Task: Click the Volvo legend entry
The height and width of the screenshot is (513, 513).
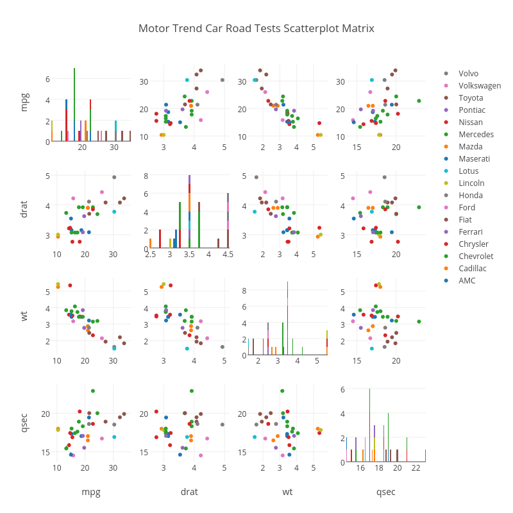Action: tap(468, 74)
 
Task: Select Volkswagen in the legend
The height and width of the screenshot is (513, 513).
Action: tap(480, 86)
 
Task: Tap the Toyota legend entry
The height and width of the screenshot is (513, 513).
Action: tap(471, 98)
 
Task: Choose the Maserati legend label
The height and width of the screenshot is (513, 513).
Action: tap(474, 159)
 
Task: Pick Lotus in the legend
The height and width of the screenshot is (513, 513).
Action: tap(468, 171)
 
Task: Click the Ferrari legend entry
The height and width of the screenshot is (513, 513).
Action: tap(471, 232)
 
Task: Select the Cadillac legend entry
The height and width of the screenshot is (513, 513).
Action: tap(473, 269)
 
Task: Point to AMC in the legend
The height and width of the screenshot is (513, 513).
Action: tap(467, 281)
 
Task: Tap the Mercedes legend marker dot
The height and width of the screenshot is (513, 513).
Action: tap(446, 135)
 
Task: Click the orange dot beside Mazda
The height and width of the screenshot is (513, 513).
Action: tap(446, 147)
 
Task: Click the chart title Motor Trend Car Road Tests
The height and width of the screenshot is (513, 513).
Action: tap(256, 29)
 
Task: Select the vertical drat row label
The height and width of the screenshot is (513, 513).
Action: tap(24, 209)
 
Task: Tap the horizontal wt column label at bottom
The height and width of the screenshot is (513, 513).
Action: tap(287, 492)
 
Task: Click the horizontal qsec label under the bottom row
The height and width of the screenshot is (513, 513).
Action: tap(385, 492)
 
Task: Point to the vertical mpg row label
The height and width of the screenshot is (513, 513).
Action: tap(24, 102)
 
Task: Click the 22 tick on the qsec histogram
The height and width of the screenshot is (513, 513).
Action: tap(416, 468)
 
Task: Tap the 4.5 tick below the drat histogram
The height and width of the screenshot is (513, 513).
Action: tap(228, 255)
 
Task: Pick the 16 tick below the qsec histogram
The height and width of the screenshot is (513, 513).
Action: tap(360, 468)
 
